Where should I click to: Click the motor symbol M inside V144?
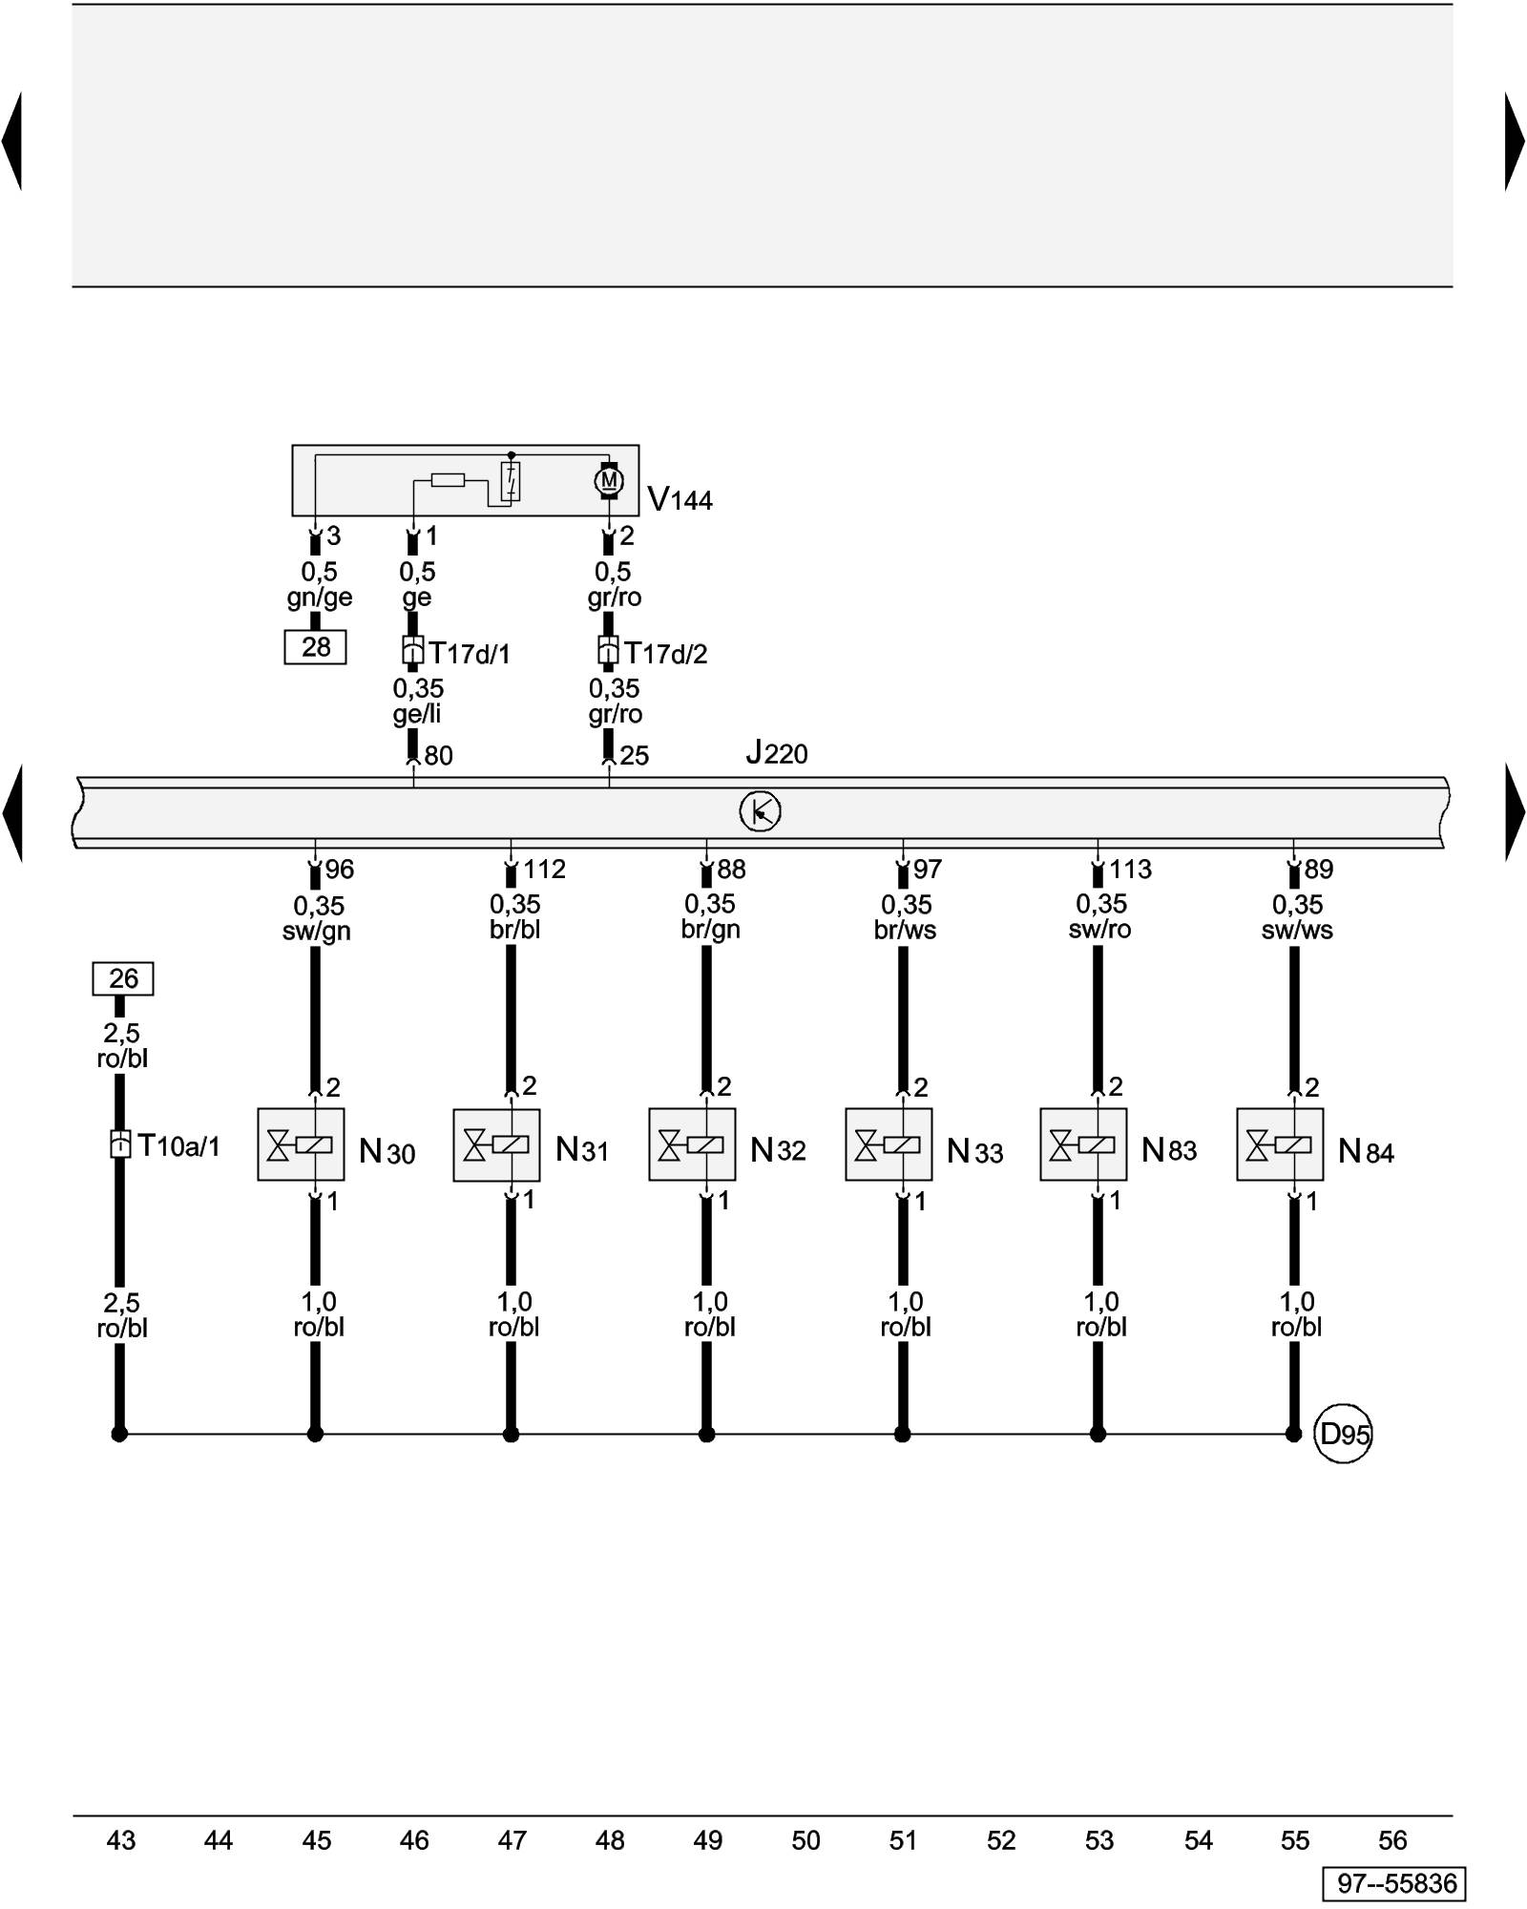[609, 480]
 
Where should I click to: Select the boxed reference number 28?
[315, 647]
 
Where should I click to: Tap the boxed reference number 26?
[123, 978]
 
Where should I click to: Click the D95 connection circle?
[1343, 1434]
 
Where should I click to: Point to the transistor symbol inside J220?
[760, 811]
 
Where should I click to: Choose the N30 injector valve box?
[301, 1144]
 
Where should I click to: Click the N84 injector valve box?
[1280, 1144]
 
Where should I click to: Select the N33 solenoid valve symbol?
[889, 1144]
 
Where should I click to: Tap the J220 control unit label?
[777, 754]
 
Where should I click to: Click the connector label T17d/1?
[470, 654]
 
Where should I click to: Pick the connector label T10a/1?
[178, 1145]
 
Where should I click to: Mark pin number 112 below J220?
[544, 870]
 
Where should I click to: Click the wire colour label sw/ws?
[1297, 931]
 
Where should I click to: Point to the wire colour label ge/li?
[417, 714]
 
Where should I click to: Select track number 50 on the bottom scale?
[805, 1840]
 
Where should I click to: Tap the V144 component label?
[680, 499]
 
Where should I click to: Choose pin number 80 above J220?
[438, 756]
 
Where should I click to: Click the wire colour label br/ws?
[905, 931]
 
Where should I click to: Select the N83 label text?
[1169, 1150]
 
